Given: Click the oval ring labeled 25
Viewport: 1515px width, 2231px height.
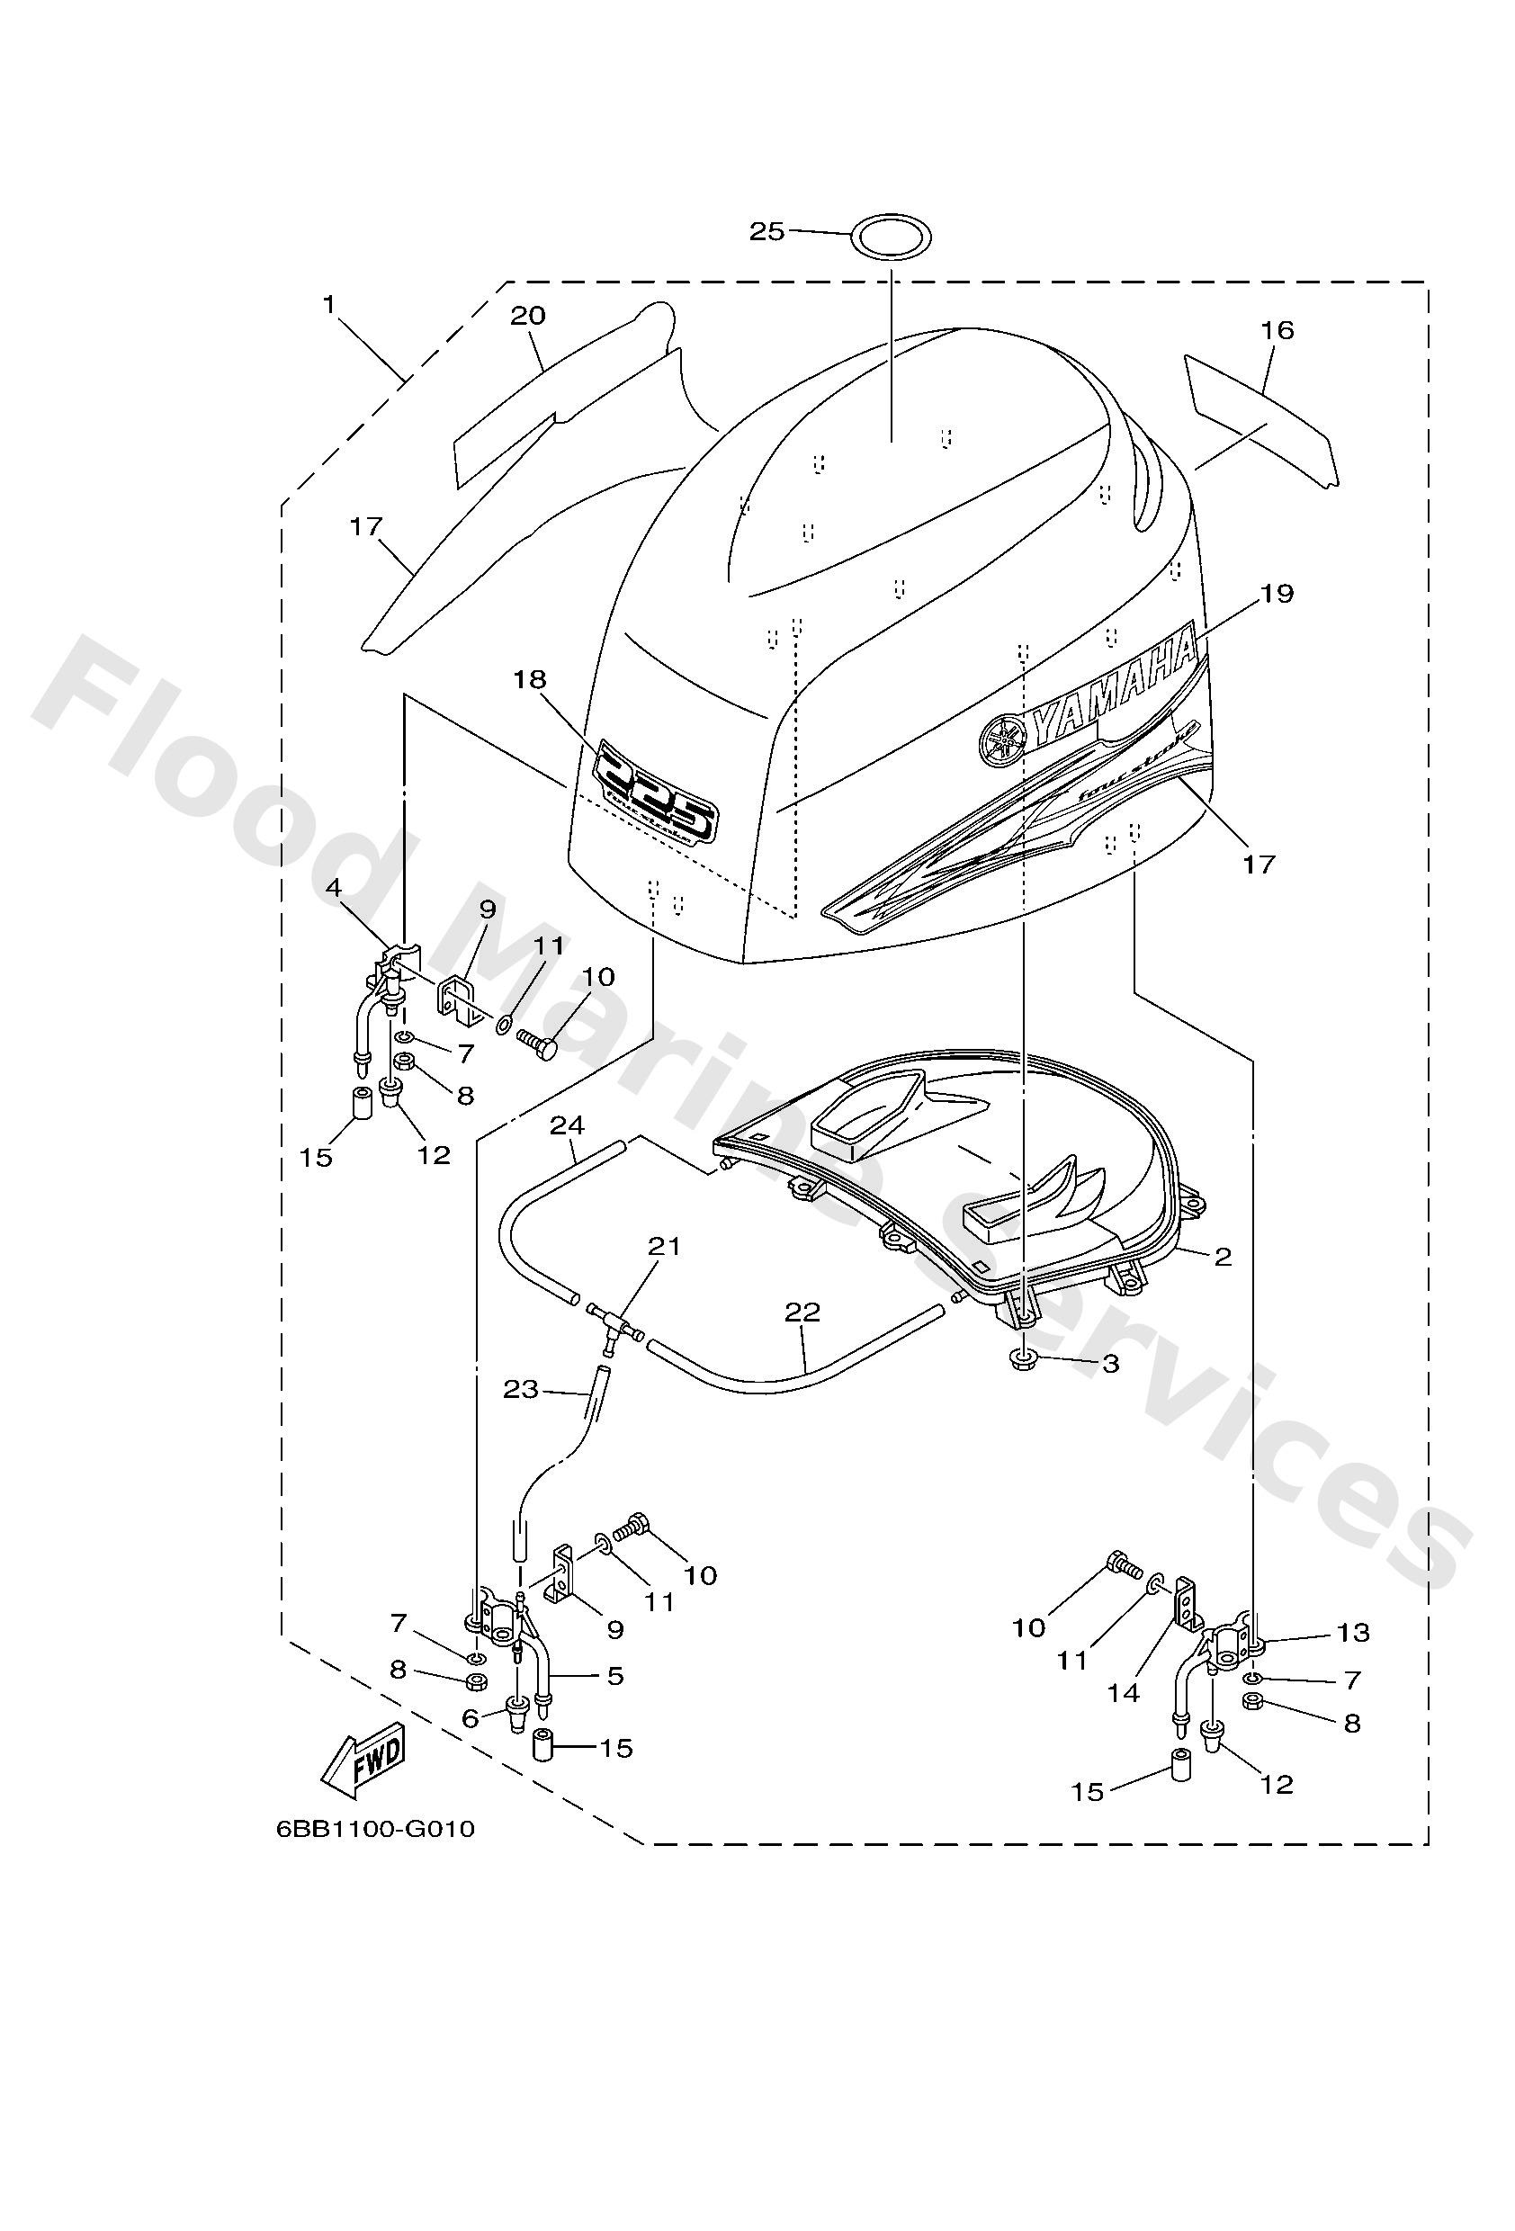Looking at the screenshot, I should pos(892,235).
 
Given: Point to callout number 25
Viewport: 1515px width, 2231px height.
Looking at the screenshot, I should pos(767,231).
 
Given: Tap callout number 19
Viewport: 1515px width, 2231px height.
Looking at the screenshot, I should pos(1276,593).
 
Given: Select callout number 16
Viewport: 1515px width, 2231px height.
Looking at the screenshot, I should pos(1277,330).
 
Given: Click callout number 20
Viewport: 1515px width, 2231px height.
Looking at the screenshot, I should pos(528,315).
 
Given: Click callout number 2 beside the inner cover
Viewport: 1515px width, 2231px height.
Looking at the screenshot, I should pos(1223,1257).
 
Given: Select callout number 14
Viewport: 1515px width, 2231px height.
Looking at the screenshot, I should pos(1123,1693).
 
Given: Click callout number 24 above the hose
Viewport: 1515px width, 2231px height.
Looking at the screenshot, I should pos(568,1124).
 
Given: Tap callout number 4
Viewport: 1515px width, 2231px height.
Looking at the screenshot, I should pos(333,888).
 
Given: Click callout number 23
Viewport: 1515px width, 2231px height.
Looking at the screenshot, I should pos(521,1389).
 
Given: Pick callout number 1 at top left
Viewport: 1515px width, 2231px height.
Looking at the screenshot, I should pos(329,305).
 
